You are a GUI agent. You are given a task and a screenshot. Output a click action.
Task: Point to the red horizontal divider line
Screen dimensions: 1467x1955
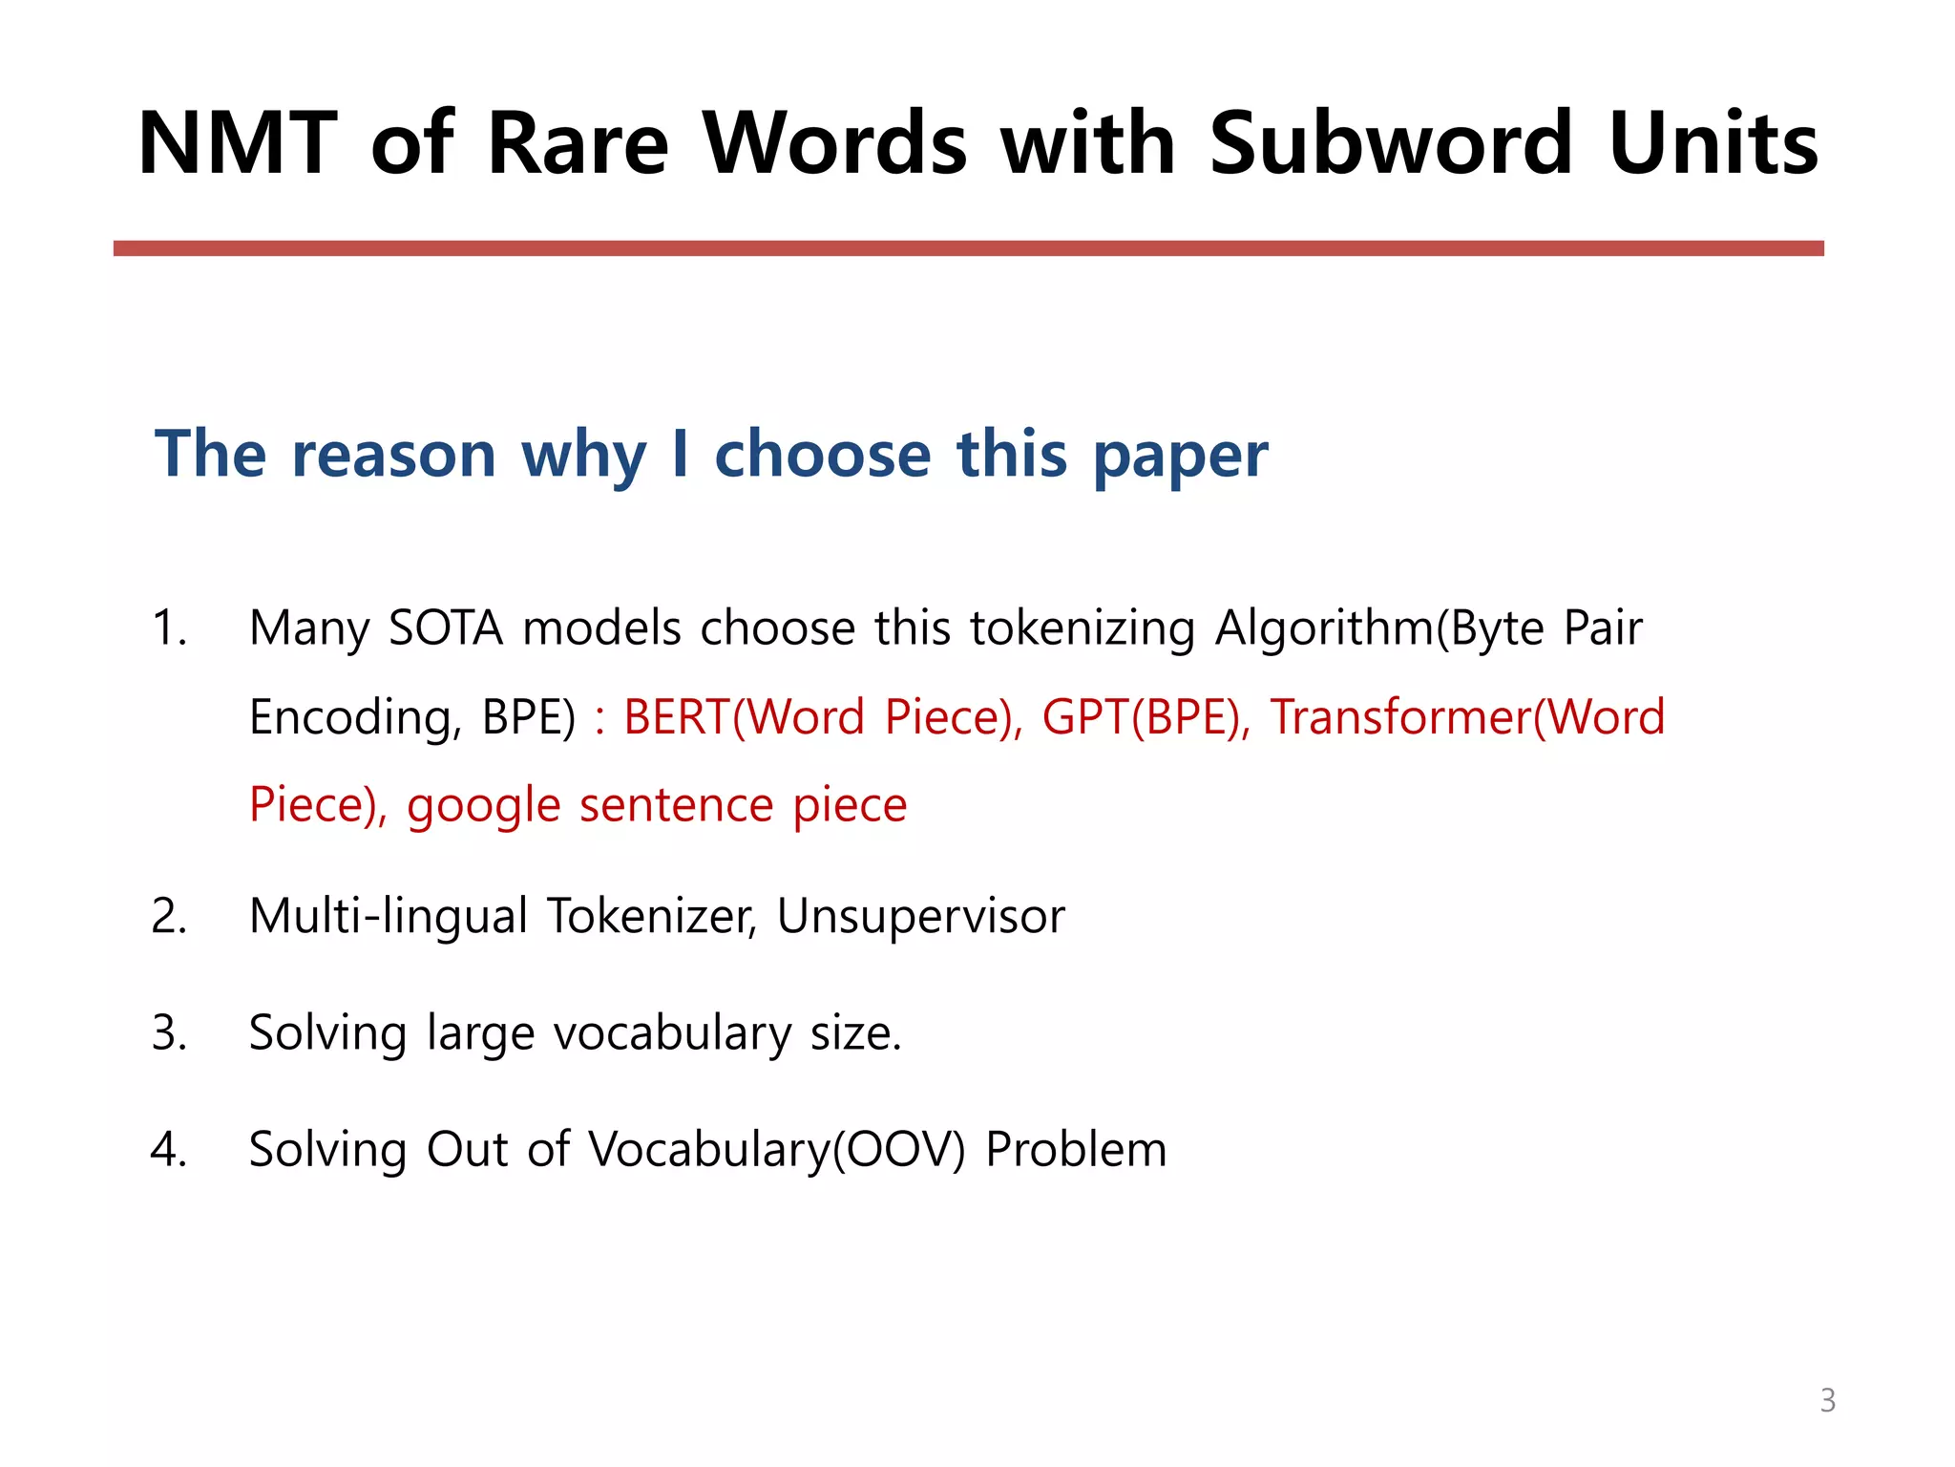[x=968, y=248]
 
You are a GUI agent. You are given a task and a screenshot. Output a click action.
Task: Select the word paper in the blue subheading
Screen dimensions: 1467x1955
[x=1180, y=455]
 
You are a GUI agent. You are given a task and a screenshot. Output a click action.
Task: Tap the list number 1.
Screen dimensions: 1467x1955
[x=169, y=628]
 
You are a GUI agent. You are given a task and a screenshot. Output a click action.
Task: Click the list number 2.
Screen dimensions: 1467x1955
[x=169, y=916]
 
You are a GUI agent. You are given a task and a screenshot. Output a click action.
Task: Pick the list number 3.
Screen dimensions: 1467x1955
[x=169, y=1032]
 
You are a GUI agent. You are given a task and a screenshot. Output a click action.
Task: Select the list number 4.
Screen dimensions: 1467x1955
[x=169, y=1149]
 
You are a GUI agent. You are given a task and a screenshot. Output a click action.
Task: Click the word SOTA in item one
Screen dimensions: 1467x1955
[x=446, y=628]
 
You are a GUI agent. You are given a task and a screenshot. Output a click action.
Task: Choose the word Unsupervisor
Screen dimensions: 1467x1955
[x=920, y=916]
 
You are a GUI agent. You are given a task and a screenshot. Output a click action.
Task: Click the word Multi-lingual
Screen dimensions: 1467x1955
[x=389, y=916]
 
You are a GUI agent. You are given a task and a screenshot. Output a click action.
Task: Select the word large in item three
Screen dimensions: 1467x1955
[x=480, y=1034]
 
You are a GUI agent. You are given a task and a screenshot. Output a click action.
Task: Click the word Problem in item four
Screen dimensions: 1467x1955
[x=1076, y=1149]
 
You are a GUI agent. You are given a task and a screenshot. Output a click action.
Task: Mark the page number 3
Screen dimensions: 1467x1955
[x=1827, y=1400]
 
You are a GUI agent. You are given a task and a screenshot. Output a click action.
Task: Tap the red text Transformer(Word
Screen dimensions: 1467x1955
[x=1467, y=716]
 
